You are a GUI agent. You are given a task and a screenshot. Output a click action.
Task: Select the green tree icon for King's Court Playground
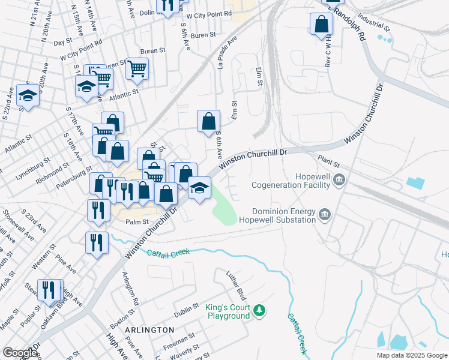point(259,310)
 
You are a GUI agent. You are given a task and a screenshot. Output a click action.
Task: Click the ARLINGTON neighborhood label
point(150,330)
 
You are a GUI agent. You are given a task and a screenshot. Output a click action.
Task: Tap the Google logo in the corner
point(20,353)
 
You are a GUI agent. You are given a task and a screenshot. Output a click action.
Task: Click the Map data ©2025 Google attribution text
point(411,355)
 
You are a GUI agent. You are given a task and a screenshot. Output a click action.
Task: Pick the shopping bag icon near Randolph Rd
point(322,25)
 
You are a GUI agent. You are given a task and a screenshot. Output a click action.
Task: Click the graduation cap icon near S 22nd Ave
point(28,95)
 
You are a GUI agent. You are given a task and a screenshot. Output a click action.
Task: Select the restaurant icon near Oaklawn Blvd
point(49,290)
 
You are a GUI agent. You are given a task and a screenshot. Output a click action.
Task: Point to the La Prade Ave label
point(227,52)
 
